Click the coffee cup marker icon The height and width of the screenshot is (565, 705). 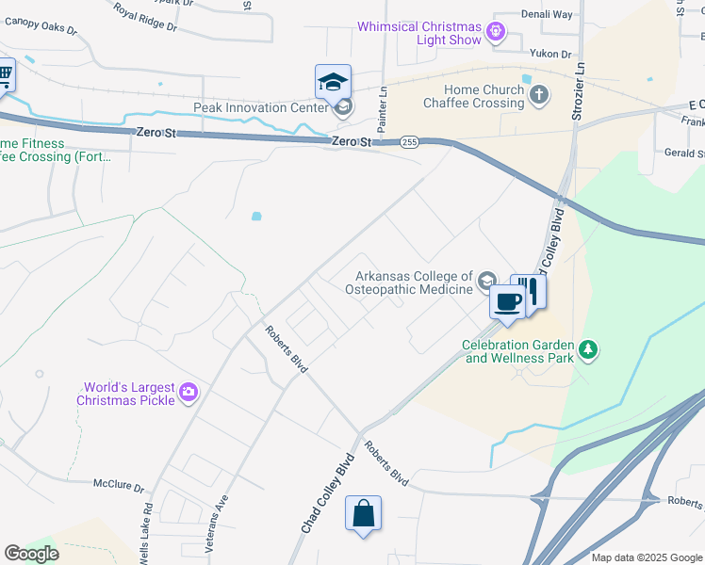point(507,301)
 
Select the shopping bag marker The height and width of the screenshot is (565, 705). point(363,513)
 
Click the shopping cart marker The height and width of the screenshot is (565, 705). point(4,74)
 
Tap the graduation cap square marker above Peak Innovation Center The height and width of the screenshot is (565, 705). point(333,81)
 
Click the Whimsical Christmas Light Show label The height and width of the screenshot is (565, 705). point(419,33)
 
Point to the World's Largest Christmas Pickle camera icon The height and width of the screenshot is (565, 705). point(189,392)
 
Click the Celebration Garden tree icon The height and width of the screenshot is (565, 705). point(589,350)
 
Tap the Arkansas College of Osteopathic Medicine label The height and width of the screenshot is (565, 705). point(413,282)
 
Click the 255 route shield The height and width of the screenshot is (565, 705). point(409,142)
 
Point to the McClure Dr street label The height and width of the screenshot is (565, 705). point(118,488)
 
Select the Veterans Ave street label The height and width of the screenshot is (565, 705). point(223,512)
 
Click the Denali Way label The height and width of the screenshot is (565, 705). point(549,15)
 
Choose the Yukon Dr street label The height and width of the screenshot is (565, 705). point(551,55)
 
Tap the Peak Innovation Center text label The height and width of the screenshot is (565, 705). point(261,107)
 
